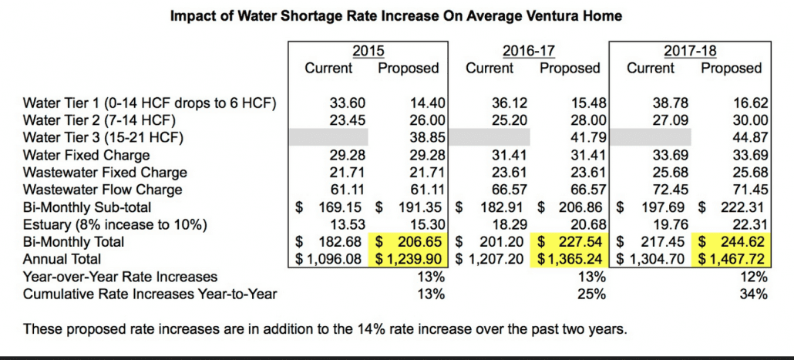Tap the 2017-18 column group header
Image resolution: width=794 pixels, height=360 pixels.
690,51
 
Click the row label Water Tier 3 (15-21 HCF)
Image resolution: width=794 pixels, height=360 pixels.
102,136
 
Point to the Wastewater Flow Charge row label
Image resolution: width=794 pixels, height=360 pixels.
103,189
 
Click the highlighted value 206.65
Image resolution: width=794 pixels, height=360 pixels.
417,241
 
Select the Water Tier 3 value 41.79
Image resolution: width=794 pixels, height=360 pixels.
583,136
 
